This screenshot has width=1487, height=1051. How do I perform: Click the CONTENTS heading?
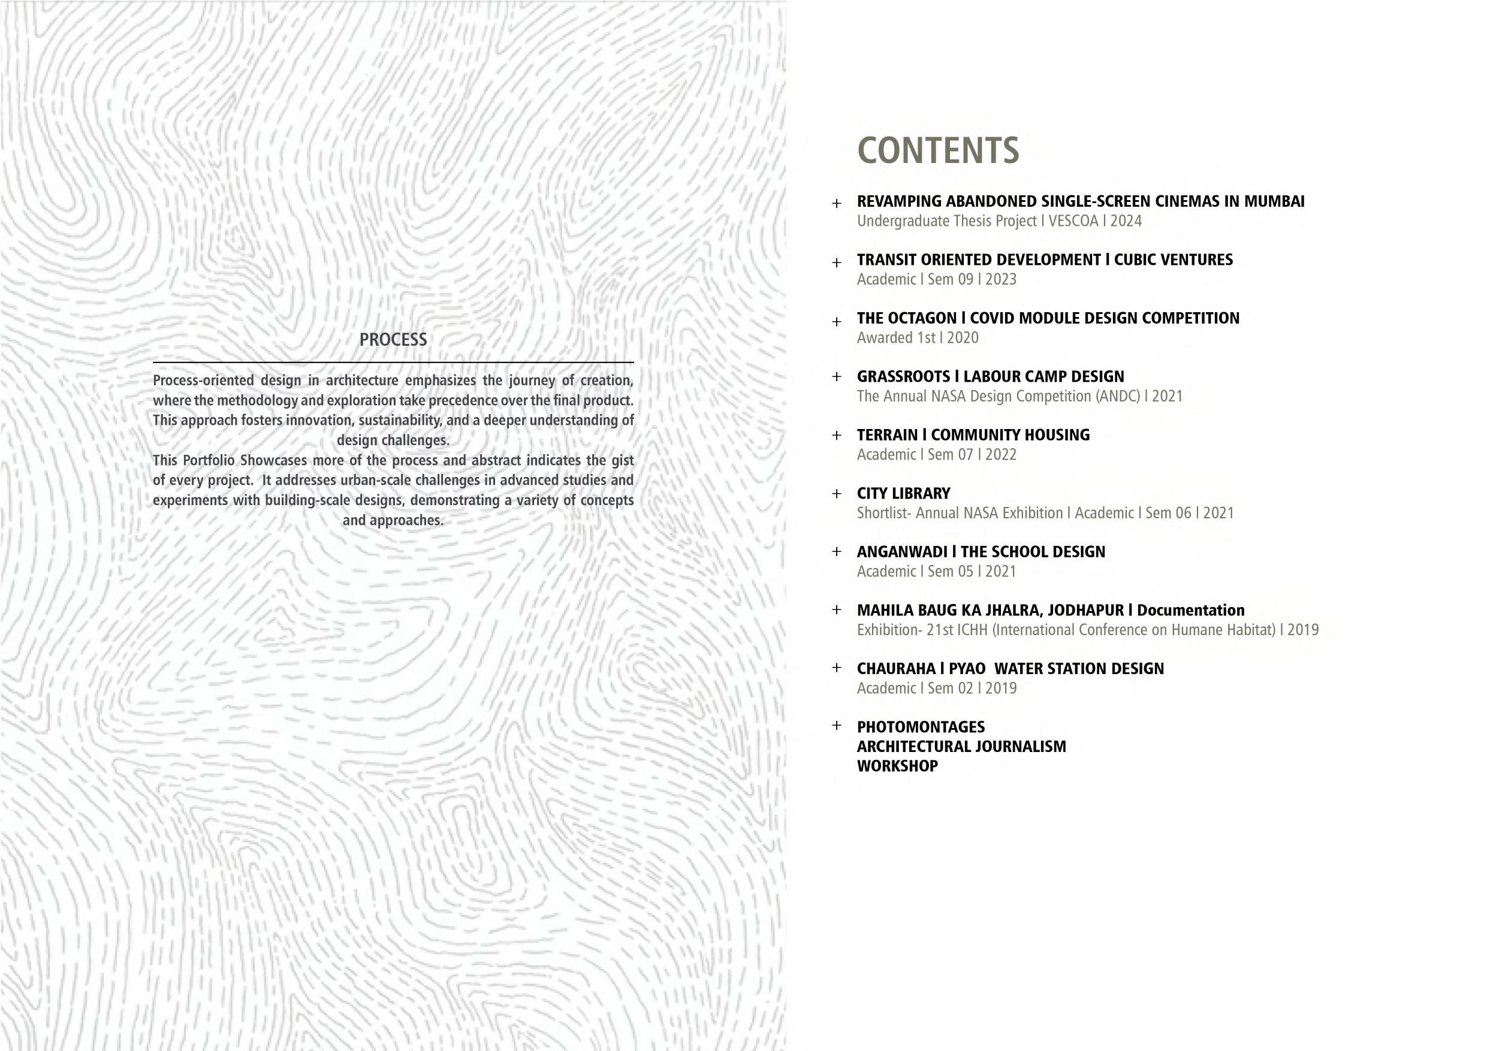tap(938, 150)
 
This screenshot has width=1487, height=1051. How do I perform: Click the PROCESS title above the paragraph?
tap(393, 340)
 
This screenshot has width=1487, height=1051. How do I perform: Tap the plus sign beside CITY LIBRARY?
tap(837, 494)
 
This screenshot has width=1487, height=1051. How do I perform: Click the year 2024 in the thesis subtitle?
tap(1126, 221)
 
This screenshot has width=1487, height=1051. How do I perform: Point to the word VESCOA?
tap(1073, 221)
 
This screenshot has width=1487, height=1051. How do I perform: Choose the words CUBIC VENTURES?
tap(1173, 259)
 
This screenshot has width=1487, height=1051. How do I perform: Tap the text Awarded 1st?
tap(895, 338)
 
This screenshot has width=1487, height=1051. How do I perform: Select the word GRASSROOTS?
tap(903, 377)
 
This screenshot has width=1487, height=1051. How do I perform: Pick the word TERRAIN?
tap(887, 435)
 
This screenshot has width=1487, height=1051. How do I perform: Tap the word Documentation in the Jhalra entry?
tap(1190, 611)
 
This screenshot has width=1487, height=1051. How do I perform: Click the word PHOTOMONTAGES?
tap(920, 727)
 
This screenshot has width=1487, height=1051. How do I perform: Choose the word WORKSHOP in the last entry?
tap(897, 766)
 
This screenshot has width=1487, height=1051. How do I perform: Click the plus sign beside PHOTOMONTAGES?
tap(837, 726)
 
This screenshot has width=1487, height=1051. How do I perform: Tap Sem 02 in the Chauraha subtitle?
tap(950, 688)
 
